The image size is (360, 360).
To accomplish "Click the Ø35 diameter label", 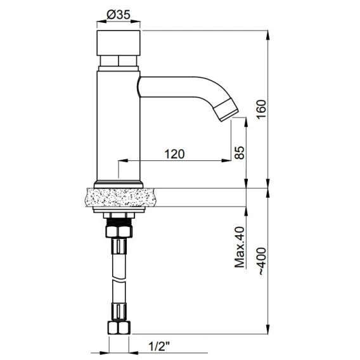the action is pyautogui.click(x=119, y=15).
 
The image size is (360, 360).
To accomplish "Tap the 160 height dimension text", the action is pyautogui.click(x=262, y=109).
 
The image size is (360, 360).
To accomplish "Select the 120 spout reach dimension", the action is pyautogui.click(x=174, y=154).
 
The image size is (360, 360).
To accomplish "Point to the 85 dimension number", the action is pyautogui.click(x=240, y=153).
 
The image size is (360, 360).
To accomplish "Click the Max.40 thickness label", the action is pyautogui.click(x=240, y=247).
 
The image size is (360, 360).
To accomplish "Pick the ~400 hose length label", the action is pyautogui.click(x=262, y=261).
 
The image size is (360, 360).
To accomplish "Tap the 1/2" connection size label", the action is pyautogui.click(x=159, y=347).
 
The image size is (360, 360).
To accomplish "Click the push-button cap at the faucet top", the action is pyautogui.click(x=119, y=43).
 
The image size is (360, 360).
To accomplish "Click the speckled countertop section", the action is pyautogui.click(x=119, y=197).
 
